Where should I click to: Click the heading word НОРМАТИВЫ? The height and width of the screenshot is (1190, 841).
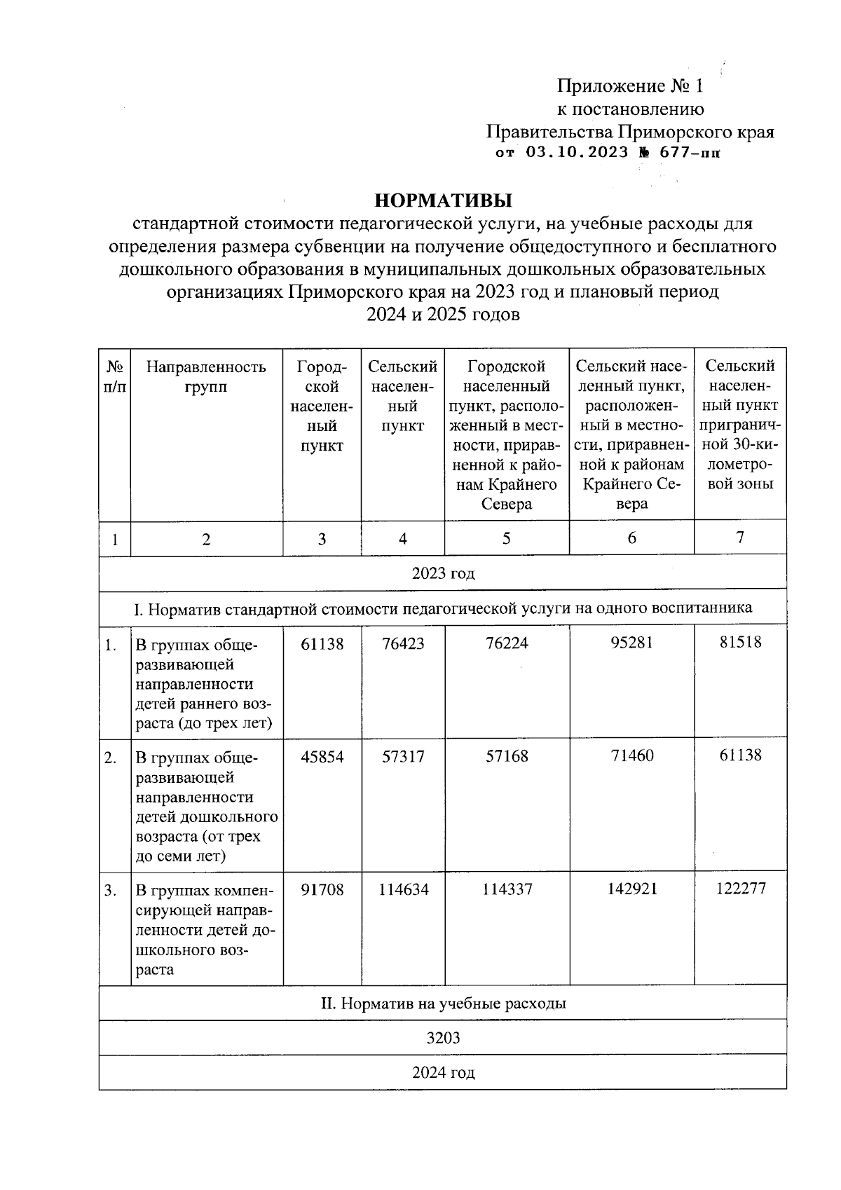coord(443,201)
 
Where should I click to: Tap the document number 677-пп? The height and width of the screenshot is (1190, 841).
coord(690,153)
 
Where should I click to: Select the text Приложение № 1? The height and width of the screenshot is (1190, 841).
coord(629,86)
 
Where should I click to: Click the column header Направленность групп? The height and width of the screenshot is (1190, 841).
coord(206,376)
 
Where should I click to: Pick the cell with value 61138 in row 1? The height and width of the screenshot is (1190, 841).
coord(322,643)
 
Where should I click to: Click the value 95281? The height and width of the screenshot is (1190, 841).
coord(631,643)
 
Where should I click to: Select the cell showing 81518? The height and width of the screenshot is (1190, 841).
coord(740,642)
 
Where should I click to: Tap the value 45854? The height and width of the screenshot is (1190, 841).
coord(322,757)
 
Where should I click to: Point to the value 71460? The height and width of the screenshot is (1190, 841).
coord(631,756)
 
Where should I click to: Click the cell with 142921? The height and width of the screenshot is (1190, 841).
coord(631,889)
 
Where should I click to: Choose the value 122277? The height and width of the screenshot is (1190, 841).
coord(741,889)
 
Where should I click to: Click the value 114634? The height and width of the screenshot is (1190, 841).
coord(403,889)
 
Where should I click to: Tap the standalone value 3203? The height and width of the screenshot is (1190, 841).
coord(443,1038)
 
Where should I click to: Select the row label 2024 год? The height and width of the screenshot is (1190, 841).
coord(443,1073)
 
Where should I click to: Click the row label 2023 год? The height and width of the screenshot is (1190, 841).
coord(443,574)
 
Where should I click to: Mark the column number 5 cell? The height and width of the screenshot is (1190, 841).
coord(506,538)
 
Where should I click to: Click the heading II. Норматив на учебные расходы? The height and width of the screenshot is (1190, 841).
coord(443,1004)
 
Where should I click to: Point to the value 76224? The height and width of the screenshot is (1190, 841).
coord(506,643)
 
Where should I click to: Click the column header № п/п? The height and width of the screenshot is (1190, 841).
coord(115,376)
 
